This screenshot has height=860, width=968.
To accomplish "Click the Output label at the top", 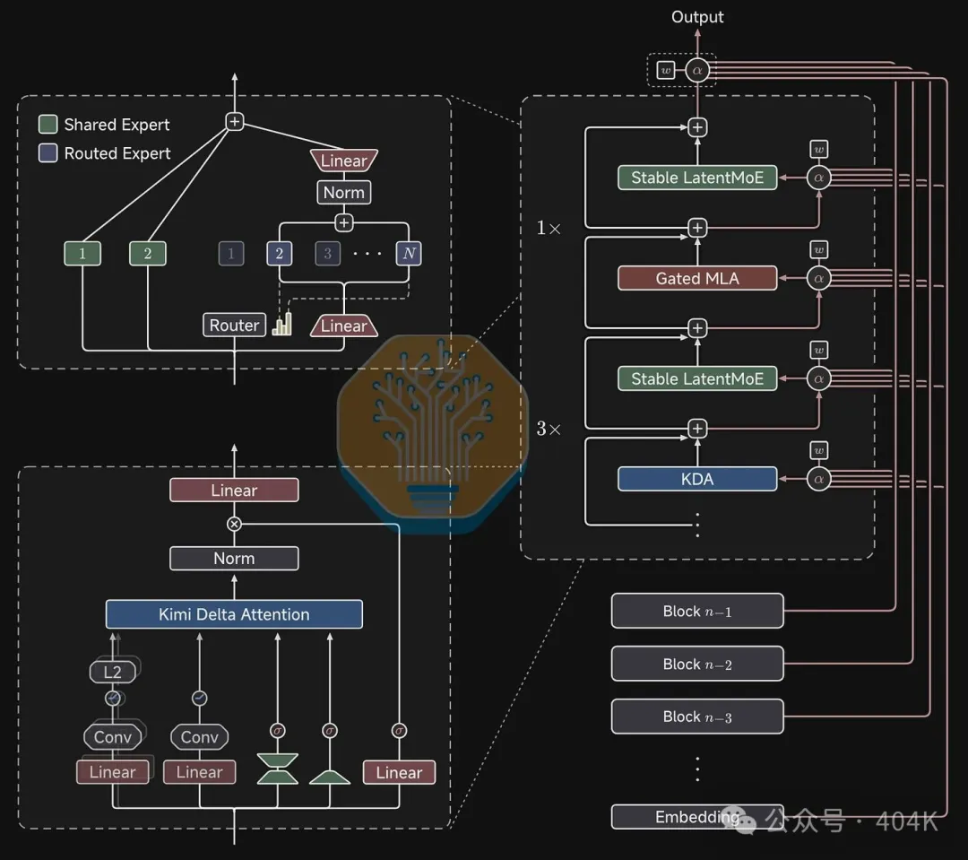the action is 697,17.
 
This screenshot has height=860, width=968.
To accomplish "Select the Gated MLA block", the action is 697,278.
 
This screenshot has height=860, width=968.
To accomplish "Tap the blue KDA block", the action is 697,479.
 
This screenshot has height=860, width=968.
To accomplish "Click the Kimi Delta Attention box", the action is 234,614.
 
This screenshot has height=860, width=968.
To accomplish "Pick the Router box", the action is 234,325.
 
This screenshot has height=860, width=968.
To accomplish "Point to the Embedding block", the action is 697,817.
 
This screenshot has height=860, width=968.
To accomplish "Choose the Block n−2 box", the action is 697,664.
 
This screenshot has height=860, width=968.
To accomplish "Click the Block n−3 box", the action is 697,717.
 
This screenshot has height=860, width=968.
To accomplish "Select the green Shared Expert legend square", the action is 48,124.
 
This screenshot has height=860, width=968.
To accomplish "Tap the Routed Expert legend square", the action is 48,152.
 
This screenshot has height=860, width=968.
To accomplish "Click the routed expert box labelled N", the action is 409,253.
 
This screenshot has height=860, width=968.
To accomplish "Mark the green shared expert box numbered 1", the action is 82,253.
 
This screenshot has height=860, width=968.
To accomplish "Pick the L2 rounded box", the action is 112,673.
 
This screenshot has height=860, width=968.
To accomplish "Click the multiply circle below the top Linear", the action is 234,524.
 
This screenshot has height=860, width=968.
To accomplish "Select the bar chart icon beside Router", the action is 282,324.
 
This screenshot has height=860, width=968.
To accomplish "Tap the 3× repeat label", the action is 549,429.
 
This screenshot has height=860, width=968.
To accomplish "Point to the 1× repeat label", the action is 549,228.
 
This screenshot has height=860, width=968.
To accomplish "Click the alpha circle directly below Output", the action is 697,71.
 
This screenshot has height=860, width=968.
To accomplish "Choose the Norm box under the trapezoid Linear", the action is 344,192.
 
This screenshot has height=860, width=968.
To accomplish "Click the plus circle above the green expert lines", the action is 234,121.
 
